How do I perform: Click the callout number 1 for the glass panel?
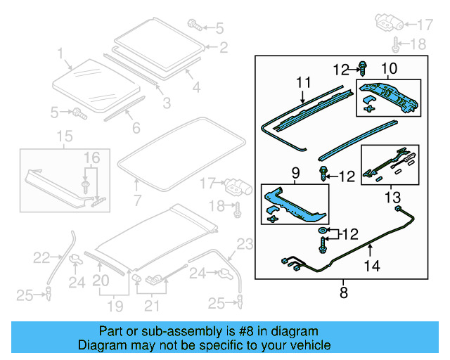60,53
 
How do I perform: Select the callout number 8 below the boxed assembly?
343,293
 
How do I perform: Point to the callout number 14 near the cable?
371,266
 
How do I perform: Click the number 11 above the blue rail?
302,83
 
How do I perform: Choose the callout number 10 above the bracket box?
389,68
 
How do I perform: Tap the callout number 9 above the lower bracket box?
295,172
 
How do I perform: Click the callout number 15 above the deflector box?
64,136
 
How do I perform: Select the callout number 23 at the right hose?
243,245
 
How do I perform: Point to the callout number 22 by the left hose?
42,258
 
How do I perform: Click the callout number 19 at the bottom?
115,306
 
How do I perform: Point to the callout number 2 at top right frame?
224,48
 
